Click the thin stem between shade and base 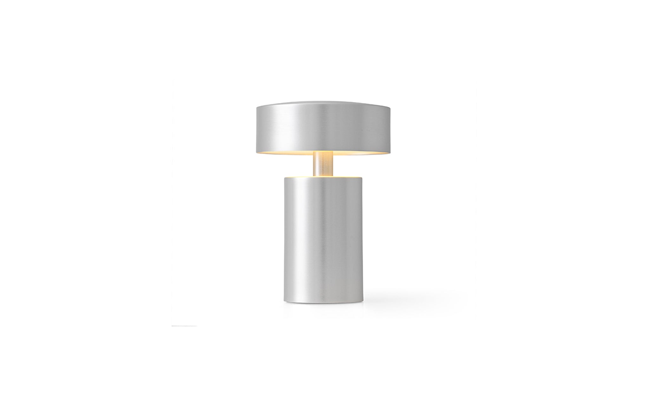[323, 164]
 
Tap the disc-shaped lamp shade [323, 127]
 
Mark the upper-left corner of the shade [257, 106]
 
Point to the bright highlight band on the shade [317, 127]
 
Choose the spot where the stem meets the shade [323, 152]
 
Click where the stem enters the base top [323, 175]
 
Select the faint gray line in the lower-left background [184, 325]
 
